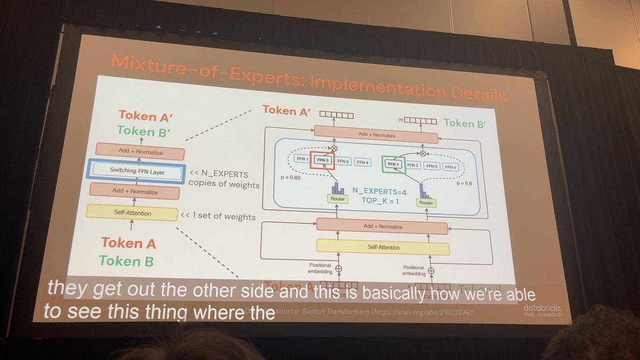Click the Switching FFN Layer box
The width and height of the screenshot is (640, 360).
tap(138, 172)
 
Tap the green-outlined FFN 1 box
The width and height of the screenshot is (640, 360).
tap(394, 164)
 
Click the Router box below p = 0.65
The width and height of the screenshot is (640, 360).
tap(338, 199)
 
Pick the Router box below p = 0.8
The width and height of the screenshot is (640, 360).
tap(426, 203)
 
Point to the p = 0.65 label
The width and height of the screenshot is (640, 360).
tap(291, 178)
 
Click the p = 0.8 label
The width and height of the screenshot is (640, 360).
tap(465, 183)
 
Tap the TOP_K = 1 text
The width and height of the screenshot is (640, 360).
tap(380, 201)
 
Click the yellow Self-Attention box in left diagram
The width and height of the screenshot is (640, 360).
tap(132, 213)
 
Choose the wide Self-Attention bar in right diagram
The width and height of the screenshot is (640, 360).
tap(383, 247)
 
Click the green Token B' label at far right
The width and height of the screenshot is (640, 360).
tap(466, 123)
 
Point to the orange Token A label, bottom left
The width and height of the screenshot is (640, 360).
tap(129, 243)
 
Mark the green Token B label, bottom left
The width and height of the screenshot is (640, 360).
tap(126, 261)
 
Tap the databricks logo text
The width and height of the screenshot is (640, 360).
tap(542, 308)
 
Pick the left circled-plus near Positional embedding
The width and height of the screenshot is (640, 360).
tap(338, 268)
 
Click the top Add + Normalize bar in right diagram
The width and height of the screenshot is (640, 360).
tap(377, 135)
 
